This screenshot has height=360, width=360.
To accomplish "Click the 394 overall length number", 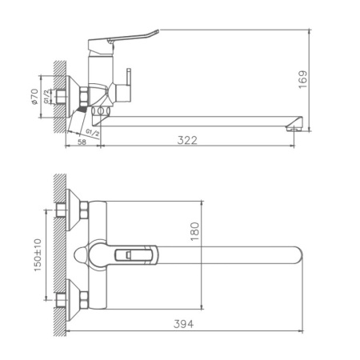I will pos(184,324).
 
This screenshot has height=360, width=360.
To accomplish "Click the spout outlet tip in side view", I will pos(297,125).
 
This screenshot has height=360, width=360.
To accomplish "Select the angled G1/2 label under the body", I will pos(94,130).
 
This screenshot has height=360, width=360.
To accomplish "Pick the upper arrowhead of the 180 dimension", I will pos(200,202).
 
